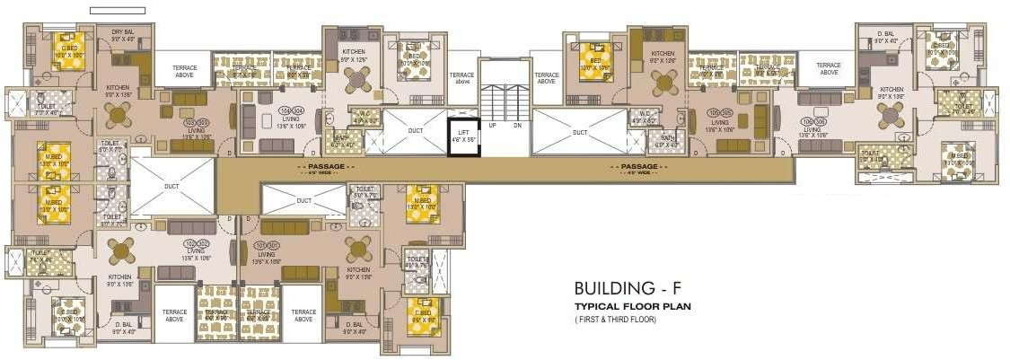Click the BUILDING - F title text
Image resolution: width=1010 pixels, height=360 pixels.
[x=633, y=289]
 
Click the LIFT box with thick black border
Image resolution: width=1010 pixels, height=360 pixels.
[x=463, y=138]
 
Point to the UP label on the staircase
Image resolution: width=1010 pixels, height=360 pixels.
[x=492, y=126]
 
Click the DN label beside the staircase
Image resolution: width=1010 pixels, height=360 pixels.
[x=517, y=126]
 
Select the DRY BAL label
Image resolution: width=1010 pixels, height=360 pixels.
[x=123, y=31]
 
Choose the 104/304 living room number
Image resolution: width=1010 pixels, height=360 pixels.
[x=291, y=109]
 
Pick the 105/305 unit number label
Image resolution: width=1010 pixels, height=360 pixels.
[x=719, y=113]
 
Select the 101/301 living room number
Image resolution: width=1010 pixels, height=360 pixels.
[x=266, y=243]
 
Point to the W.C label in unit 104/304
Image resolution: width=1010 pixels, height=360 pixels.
[x=364, y=114]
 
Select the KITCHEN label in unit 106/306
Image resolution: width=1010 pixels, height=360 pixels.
[x=891, y=90]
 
